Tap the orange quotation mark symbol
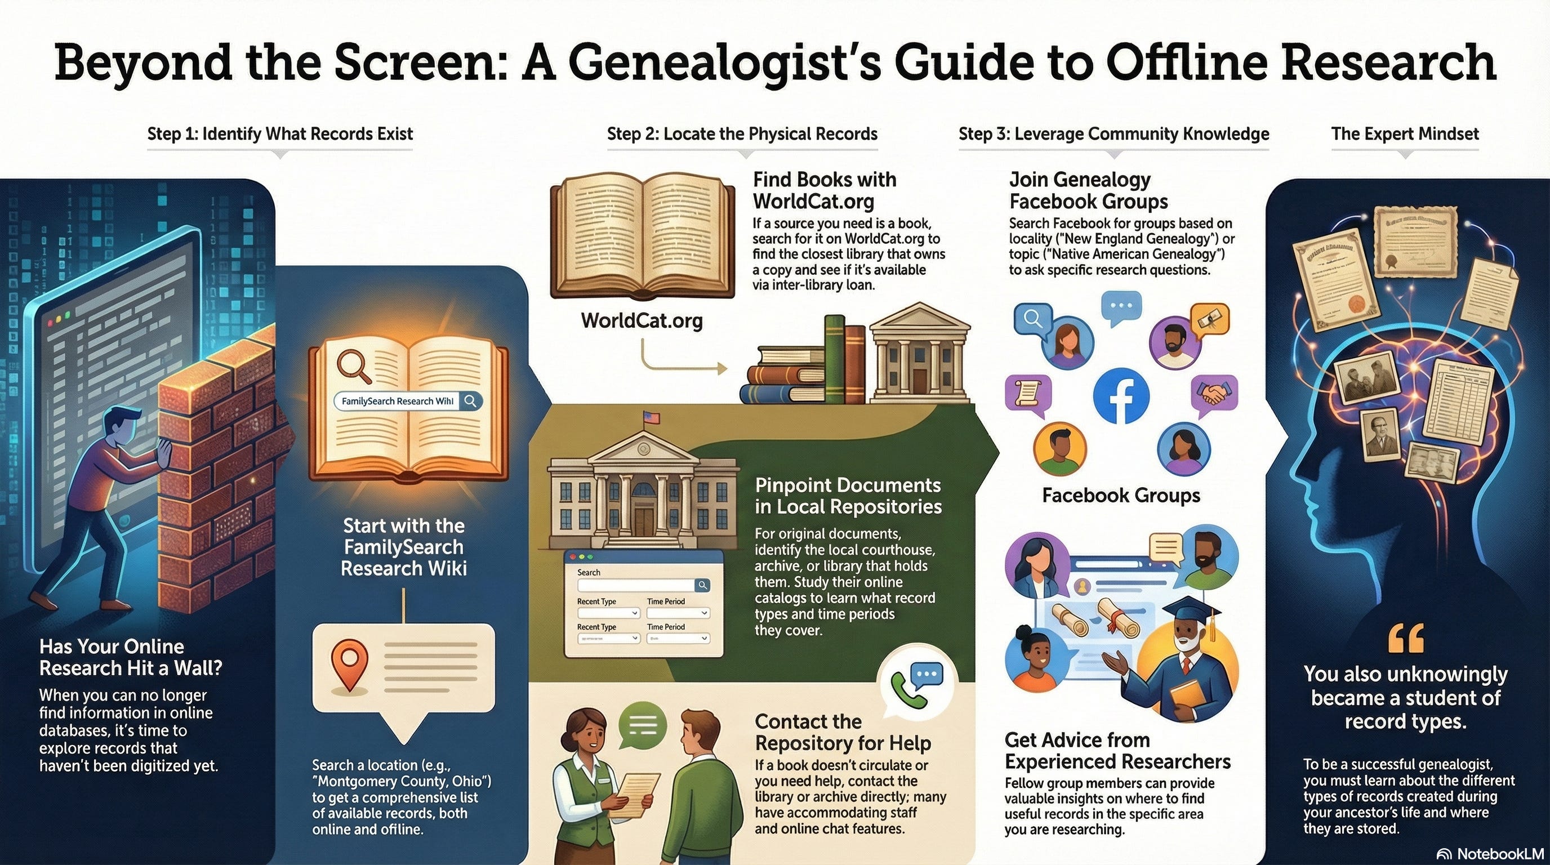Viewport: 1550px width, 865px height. click(x=1406, y=639)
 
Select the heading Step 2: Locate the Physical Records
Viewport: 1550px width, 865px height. click(x=742, y=133)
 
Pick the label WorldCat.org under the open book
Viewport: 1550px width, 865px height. click(x=642, y=320)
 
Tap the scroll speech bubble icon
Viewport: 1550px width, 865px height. click(x=1028, y=394)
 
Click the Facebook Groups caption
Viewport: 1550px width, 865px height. click(x=1120, y=495)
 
